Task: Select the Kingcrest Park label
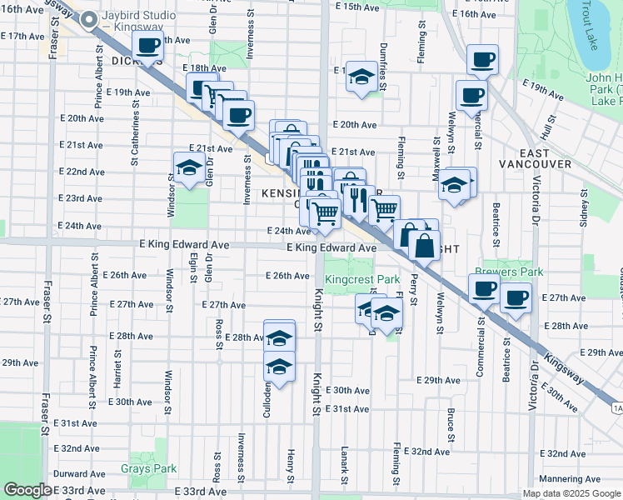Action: pyautogui.click(x=362, y=280)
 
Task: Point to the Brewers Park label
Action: pyautogui.click(x=509, y=272)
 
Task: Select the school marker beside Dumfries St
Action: pyautogui.click(x=359, y=78)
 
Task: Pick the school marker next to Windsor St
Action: pyautogui.click(x=189, y=167)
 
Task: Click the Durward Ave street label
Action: pyautogui.click(x=79, y=473)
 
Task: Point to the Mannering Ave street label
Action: pyautogui.click(x=571, y=479)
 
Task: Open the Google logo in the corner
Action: pyautogui.click(x=27, y=490)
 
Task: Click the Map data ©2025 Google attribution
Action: pyautogui.click(x=571, y=493)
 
